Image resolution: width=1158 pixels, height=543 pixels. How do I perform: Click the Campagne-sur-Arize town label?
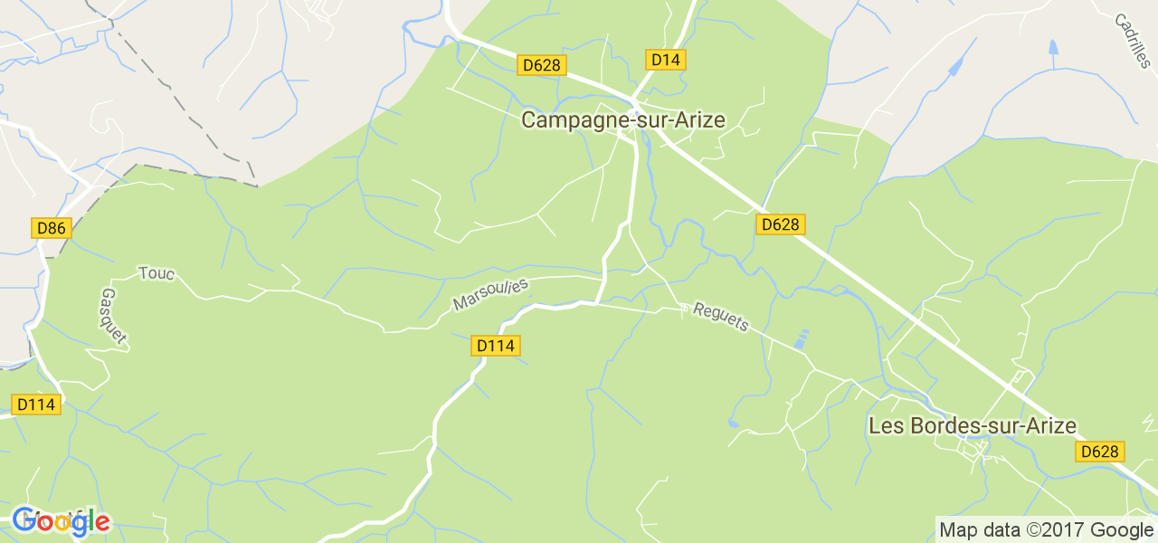tap(622, 119)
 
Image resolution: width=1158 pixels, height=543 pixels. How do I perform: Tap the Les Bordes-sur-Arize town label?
tap(972, 425)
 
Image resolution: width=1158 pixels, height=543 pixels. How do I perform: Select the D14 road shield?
tap(666, 60)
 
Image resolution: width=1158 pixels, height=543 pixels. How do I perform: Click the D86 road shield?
tap(51, 228)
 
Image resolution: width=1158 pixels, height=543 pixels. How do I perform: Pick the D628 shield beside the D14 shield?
tap(542, 65)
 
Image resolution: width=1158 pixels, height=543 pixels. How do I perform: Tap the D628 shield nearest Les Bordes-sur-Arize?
tap(1099, 452)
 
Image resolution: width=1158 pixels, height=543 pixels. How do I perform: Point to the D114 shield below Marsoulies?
tap(496, 346)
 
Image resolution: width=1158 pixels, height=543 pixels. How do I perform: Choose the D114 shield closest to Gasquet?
tap(36, 405)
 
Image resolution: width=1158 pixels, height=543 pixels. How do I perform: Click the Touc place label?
tap(156, 272)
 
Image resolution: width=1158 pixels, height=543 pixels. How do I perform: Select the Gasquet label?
tap(114, 318)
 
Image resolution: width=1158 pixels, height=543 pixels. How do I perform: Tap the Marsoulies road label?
tap(490, 294)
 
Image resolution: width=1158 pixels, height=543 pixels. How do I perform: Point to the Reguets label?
tap(721, 317)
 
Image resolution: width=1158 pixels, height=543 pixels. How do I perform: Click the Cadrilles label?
tap(1131, 40)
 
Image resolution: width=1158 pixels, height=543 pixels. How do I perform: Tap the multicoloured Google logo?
tap(61, 521)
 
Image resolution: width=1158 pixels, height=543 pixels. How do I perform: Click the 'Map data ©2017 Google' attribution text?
tap(1045, 530)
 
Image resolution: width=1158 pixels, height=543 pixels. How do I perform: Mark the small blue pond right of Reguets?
tap(800, 340)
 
